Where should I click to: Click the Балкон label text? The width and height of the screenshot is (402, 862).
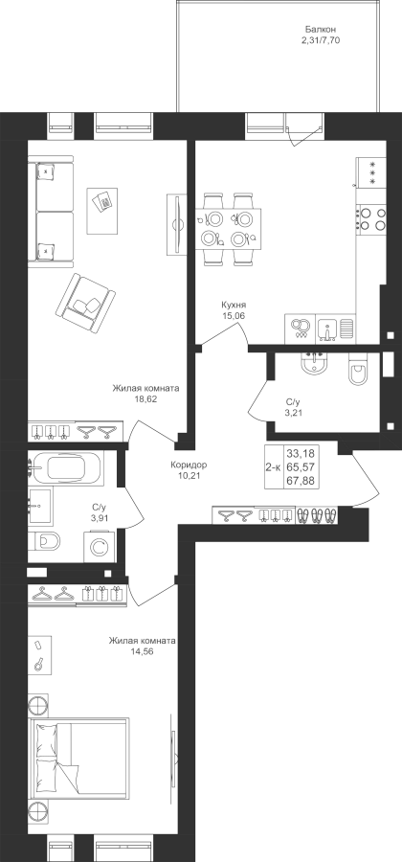click(321, 29)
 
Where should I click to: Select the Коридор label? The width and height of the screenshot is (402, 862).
click(189, 465)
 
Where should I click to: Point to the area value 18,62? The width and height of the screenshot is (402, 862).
click(146, 398)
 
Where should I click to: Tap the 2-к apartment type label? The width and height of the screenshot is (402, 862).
click(273, 467)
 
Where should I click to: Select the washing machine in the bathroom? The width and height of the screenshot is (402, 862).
click(100, 547)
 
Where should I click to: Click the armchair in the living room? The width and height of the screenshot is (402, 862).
click(85, 304)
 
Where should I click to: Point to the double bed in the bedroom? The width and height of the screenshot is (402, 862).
click(80, 766)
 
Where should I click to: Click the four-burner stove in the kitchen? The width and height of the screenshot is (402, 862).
click(371, 218)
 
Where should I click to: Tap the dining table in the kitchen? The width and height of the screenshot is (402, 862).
click(228, 229)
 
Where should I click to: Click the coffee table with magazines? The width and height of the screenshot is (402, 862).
click(102, 210)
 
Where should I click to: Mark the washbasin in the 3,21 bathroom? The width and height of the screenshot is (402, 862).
click(314, 363)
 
